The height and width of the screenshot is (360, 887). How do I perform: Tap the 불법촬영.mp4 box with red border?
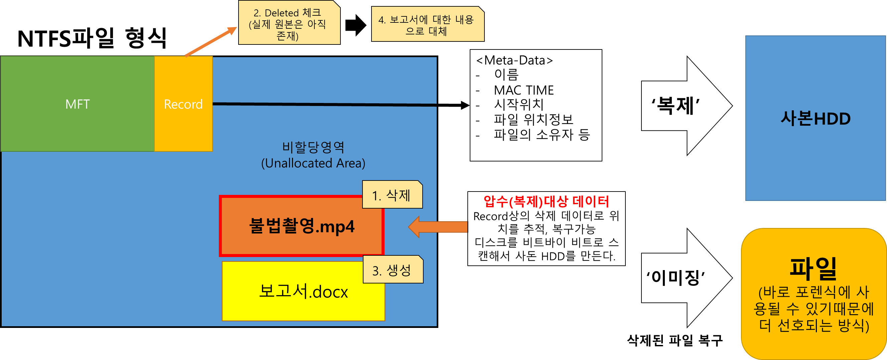(x=293, y=241)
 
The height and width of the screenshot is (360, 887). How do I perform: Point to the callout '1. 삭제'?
(x=392, y=195)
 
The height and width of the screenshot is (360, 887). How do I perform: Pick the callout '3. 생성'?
(x=393, y=270)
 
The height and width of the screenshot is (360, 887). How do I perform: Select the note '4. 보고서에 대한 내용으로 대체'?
(x=427, y=24)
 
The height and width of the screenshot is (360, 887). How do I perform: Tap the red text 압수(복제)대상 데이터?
(x=546, y=202)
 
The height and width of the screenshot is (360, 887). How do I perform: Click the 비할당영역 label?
(x=313, y=147)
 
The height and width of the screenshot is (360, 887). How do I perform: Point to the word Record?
(x=183, y=104)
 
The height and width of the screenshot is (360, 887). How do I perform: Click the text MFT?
(x=78, y=104)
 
